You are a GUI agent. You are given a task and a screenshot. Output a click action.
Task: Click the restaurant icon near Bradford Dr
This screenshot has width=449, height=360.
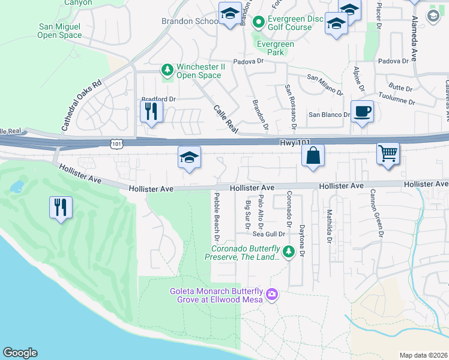pyautogui.click(x=151, y=111)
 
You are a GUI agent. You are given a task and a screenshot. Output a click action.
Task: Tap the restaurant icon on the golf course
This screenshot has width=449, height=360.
pyautogui.click(x=61, y=208)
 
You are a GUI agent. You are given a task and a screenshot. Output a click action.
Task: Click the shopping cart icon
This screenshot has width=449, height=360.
pyautogui.click(x=388, y=153)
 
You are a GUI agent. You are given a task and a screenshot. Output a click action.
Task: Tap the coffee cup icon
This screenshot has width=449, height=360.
pyautogui.click(x=362, y=112)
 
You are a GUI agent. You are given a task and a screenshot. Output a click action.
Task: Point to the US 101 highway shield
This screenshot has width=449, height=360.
pyautogui.click(x=116, y=143)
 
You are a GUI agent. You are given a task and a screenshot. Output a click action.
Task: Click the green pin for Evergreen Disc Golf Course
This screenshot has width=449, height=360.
pyautogui.click(x=259, y=23)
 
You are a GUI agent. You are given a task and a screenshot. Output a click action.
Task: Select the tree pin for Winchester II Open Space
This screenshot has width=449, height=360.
pyautogui.click(x=167, y=70)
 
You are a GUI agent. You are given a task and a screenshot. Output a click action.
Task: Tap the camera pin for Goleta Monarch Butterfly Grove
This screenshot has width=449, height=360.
pyautogui.click(x=271, y=294)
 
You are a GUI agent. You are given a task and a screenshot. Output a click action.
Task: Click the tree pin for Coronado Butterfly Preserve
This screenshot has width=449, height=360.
pyautogui.click(x=289, y=251)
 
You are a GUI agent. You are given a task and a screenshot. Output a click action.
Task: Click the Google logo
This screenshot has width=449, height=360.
pyautogui.click(x=20, y=353)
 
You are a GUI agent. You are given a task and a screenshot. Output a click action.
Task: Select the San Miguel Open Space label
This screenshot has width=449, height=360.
pyautogui.click(x=60, y=31)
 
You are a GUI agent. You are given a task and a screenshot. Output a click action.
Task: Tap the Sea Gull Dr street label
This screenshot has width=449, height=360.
pyautogui.click(x=273, y=235)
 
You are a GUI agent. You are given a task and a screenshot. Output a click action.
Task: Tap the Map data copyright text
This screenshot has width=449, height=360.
pyautogui.click(x=423, y=355)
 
